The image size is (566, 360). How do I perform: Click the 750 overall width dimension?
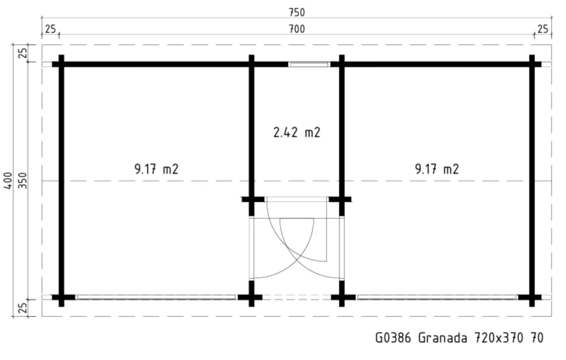pyautogui.click(x=297, y=12)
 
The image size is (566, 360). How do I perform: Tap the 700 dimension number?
pyautogui.click(x=297, y=29)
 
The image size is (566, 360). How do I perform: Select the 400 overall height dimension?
pyautogui.click(x=8, y=181)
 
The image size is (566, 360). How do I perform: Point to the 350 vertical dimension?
pyautogui.click(x=23, y=181)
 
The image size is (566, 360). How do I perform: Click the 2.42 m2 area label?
pyautogui.click(x=297, y=133)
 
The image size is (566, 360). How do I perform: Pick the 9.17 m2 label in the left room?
pyautogui.click(x=157, y=169)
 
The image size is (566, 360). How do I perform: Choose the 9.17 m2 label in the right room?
pyautogui.click(x=437, y=169)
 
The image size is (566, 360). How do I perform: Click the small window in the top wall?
pyautogui.click(x=309, y=65)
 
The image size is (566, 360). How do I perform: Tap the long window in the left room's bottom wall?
pyautogui.click(x=156, y=297)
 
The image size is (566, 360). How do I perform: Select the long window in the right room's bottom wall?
pyautogui.click(x=437, y=297)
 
